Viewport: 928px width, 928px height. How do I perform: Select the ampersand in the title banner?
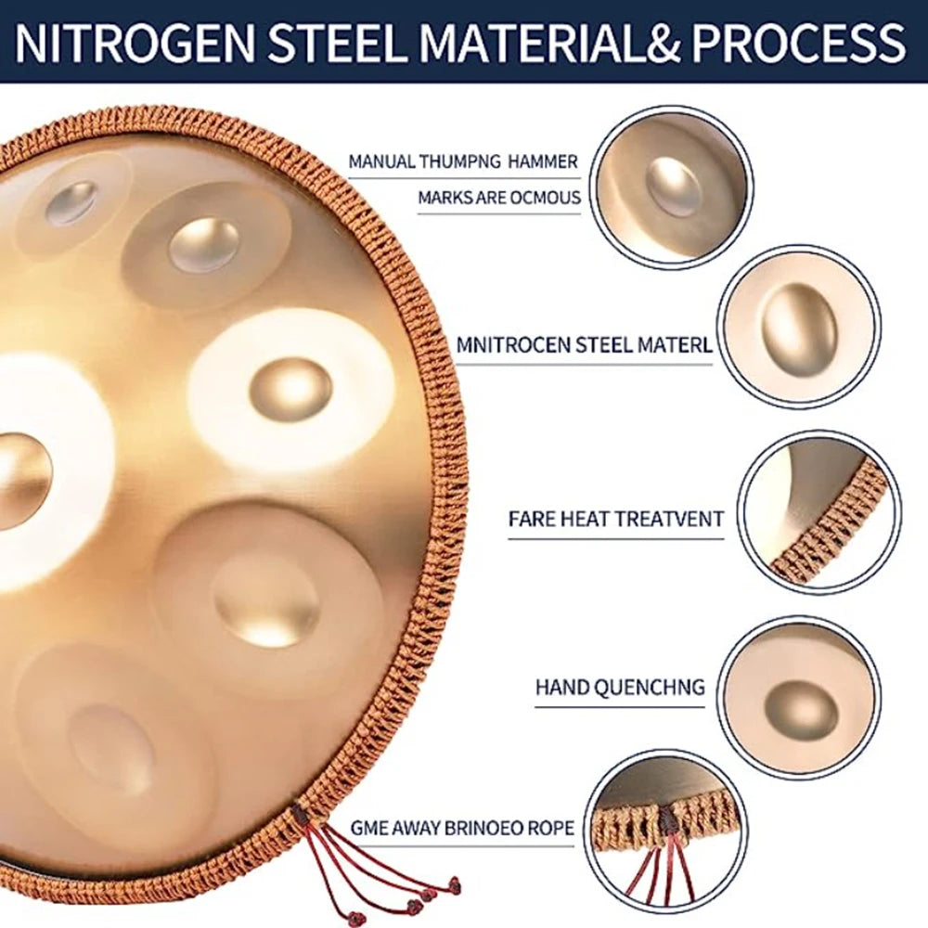pos(650,43)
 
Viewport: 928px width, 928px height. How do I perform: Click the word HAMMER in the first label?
pos(537,161)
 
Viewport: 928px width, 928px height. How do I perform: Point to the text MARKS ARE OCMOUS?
pos(498,197)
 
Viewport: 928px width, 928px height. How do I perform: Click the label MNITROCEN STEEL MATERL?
pos(584,345)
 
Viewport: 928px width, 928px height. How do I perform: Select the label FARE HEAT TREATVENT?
pos(615,518)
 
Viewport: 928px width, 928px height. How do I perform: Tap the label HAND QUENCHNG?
pos(620,688)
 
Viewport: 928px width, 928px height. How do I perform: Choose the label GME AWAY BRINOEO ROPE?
pos(462,828)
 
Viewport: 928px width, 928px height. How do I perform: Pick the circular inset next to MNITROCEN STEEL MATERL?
pos(800,327)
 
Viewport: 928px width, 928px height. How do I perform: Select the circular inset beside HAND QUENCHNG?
pos(799,697)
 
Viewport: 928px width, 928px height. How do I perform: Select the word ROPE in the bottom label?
pos(548,828)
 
